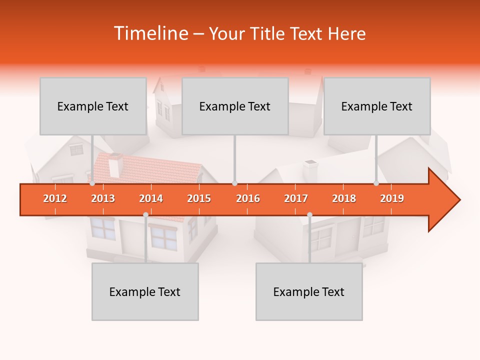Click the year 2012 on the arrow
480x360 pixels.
(55, 198)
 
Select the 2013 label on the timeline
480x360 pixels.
(103, 198)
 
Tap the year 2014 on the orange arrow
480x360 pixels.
(151, 198)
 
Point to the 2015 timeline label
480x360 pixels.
(199, 198)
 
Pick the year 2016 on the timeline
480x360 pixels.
(248, 198)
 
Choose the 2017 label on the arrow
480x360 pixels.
(296, 198)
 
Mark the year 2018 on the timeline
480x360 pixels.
(344, 198)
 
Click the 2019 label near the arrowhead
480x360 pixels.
(392, 198)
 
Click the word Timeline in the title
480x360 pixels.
(150, 33)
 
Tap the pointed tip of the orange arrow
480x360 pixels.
(458, 200)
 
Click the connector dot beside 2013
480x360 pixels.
(92, 183)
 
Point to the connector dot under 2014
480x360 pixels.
(145, 214)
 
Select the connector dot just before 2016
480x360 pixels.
(234, 183)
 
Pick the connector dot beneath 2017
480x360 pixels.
(309, 214)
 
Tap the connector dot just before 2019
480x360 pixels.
(376, 183)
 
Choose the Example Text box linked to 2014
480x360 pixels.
(145, 291)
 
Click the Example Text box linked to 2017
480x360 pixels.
(309, 291)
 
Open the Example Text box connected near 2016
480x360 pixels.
(235, 106)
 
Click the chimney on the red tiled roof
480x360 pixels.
(115, 165)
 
